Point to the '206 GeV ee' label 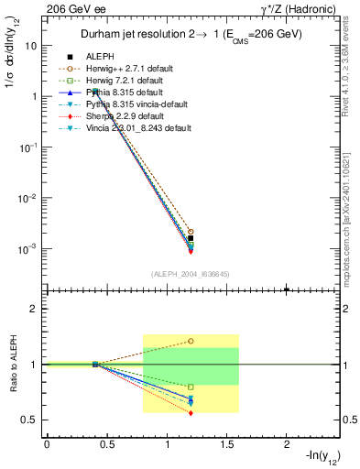point(70,8)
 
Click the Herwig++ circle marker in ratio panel point(191,341)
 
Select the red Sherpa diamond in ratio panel point(191,413)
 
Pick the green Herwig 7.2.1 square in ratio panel point(191,387)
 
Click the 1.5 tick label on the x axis point(226,443)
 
